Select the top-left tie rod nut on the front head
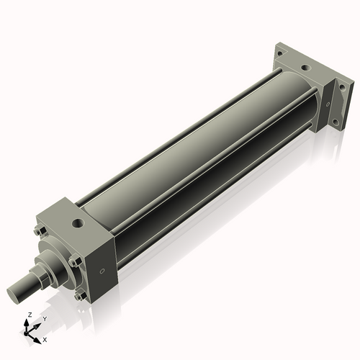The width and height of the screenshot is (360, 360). (37, 232)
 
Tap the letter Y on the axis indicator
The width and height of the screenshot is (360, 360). (44, 318)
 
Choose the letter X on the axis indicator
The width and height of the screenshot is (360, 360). (45, 338)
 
